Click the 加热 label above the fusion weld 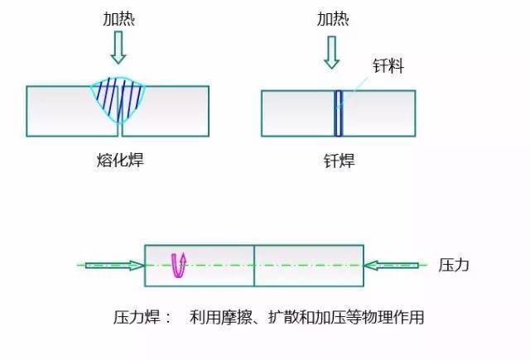118,19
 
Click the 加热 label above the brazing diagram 333,19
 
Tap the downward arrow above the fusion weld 118,47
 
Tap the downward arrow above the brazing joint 331,52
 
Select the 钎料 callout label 388,65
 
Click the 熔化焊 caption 120,160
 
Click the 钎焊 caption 339,161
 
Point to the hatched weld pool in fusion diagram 118,98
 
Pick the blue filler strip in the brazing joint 338,113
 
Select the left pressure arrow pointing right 115,266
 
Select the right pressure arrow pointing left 391,266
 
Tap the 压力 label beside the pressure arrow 454,265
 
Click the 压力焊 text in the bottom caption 137,318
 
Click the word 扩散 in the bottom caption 284,318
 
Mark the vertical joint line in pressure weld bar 254,266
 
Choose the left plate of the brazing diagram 298,113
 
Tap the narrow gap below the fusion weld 120,130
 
